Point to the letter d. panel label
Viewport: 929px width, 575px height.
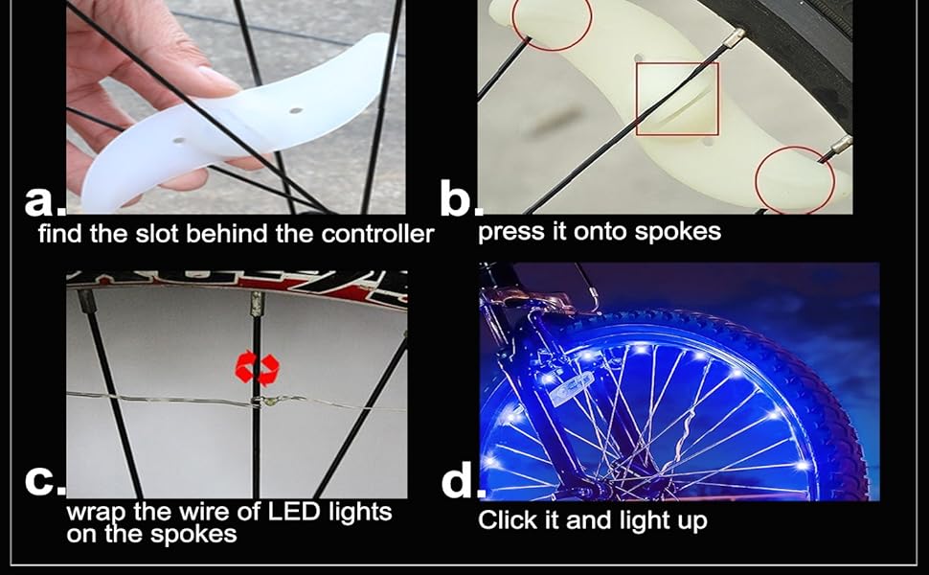tap(461, 482)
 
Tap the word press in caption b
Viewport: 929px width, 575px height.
tap(509, 232)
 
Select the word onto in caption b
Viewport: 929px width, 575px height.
tap(605, 232)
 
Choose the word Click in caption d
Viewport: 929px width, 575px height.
tap(508, 521)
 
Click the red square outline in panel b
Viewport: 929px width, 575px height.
tap(676, 99)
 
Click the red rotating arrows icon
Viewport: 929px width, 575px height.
tap(258, 368)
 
